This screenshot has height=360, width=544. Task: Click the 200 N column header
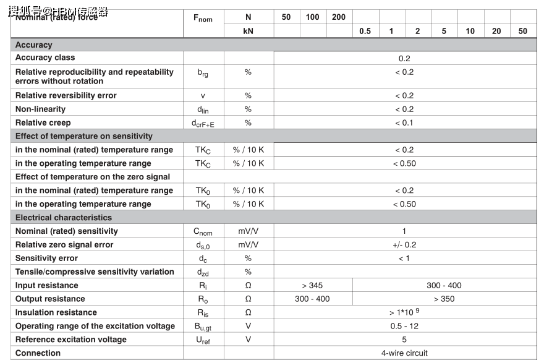[339, 17]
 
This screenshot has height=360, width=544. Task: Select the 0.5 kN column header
[365, 31]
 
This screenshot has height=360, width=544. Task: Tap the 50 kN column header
[523, 31]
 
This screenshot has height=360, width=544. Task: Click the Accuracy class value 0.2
[404, 58]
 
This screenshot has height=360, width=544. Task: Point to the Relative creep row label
[43, 122]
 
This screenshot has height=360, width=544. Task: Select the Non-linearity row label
[41, 109]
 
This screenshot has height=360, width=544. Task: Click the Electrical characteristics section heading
[64, 218]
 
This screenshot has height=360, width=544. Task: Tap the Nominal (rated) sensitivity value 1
[404, 231]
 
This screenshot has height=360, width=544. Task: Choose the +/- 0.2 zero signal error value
[404, 245]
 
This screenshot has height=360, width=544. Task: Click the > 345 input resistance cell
[312, 286]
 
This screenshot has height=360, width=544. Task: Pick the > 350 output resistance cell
[444, 299]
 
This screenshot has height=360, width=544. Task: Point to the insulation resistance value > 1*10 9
[405, 312]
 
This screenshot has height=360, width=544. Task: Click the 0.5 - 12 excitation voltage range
[404, 326]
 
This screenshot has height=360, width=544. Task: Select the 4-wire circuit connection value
[404, 353]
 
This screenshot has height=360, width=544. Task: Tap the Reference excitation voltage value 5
[404, 340]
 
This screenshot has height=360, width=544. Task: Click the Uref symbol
[203, 340]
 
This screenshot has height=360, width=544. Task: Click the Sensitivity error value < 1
[404, 259]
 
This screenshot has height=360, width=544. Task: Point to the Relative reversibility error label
[66, 95]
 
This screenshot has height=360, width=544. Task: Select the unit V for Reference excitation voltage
[248, 340]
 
